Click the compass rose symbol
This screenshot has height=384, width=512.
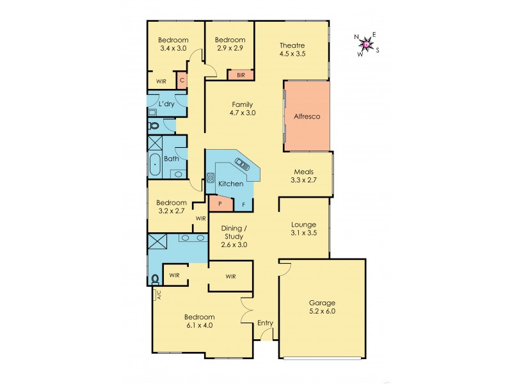click(365, 44)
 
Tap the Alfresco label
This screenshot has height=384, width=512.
click(307, 116)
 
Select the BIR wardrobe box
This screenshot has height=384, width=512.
click(241, 75)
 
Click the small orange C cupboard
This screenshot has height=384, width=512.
click(182, 81)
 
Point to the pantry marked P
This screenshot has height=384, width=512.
click(220, 204)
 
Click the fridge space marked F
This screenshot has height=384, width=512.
click(244, 205)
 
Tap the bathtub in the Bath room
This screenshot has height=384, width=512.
click(155, 166)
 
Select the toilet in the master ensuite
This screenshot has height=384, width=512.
click(155, 278)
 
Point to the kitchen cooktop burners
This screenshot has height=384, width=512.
click(211, 179)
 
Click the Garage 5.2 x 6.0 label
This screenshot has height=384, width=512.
click(322, 307)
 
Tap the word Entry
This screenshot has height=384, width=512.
click(264, 323)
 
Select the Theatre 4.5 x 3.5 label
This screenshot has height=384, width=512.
click(292, 50)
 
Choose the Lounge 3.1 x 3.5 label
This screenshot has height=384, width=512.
click(303, 229)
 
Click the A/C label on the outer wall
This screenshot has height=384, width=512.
click(156, 295)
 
